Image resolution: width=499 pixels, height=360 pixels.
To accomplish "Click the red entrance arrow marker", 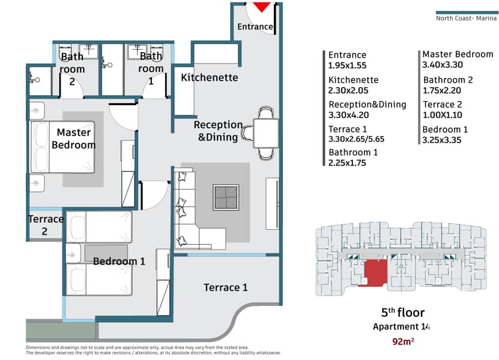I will pyautogui.click(x=262, y=7).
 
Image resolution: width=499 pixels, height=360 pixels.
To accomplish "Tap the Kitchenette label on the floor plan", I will pyautogui.click(x=210, y=77).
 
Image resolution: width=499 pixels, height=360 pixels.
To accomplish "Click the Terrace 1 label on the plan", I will pyautogui.click(x=225, y=287).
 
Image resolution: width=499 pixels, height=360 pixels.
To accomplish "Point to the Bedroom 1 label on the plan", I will pyautogui.click(x=119, y=261).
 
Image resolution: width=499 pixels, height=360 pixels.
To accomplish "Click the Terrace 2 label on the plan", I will pyautogui.click(x=45, y=225).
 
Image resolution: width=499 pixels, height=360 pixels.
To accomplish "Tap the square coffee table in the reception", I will pyautogui.click(x=226, y=197).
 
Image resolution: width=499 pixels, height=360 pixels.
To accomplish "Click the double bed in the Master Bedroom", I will pyautogui.click(x=62, y=148).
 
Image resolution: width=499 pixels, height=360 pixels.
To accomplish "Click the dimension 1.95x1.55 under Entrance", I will pyautogui.click(x=347, y=65).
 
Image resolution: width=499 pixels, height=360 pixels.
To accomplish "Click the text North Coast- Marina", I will pyautogui.click(x=465, y=18).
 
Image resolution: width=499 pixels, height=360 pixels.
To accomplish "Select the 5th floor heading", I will pyautogui.click(x=402, y=313).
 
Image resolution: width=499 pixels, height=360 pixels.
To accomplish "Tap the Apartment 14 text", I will pyautogui.click(x=402, y=327).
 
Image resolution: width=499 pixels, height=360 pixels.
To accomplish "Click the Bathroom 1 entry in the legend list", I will pyautogui.click(x=353, y=152).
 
